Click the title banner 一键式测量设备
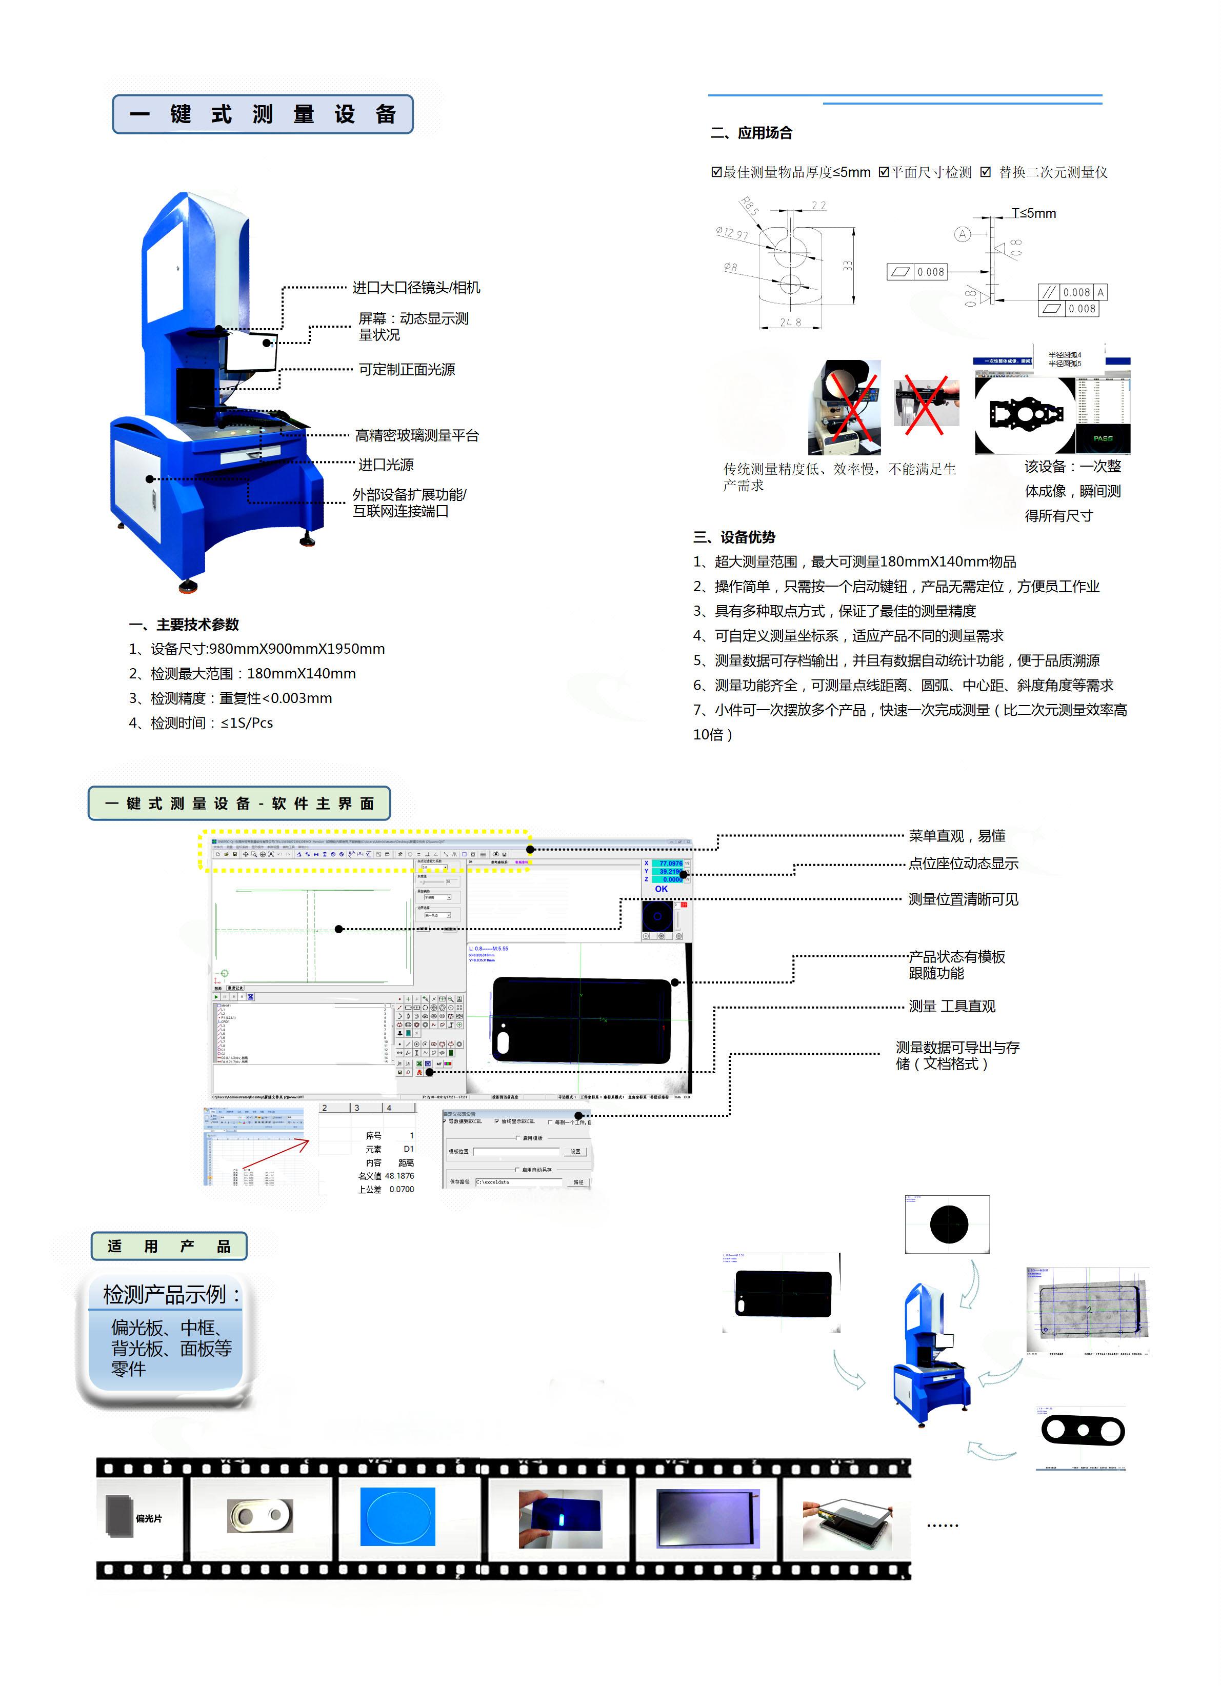pos(263,114)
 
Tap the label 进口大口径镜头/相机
pos(416,288)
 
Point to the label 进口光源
pos(386,465)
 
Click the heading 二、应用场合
pos(751,133)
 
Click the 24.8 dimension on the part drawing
pos(790,323)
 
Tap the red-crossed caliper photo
pos(926,402)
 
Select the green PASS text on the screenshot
pos(1103,438)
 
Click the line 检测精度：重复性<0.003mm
pos(231,698)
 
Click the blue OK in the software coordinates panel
pos(661,889)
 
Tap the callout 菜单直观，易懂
pos(956,836)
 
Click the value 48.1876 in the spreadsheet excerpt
pos(399,1176)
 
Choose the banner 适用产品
pos(169,1246)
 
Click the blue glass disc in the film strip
pos(398,1516)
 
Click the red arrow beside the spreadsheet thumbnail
pos(276,1154)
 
